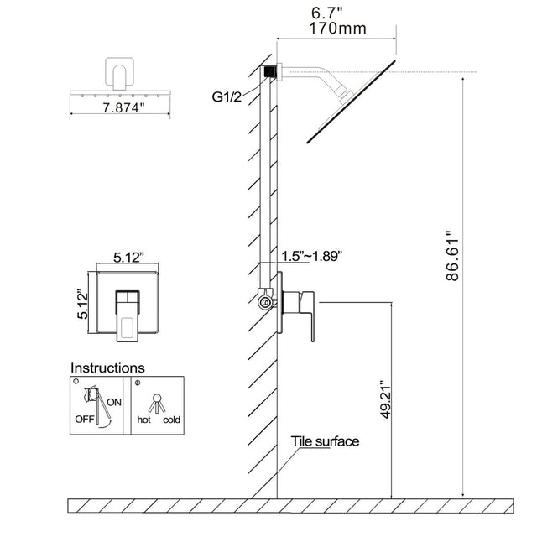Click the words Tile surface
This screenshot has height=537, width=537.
click(326, 441)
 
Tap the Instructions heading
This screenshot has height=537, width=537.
click(107, 368)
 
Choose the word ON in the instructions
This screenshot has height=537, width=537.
click(115, 401)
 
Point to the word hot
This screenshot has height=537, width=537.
click(143, 419)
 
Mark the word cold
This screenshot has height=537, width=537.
click(172, 419)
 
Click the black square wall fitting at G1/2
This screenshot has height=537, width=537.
click(268, 73)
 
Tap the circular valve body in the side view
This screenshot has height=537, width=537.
click(267, 300)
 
